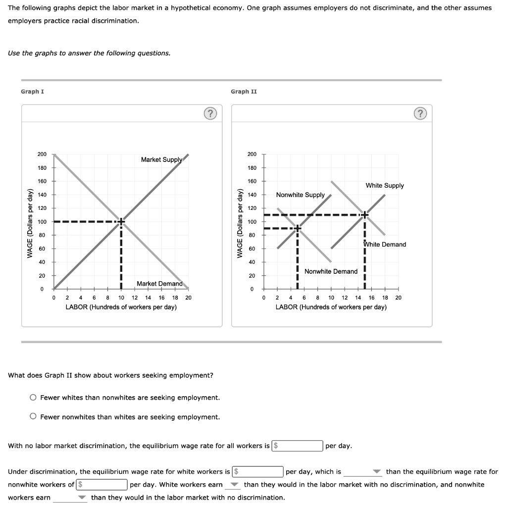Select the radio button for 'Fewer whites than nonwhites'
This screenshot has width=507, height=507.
pos(33,398)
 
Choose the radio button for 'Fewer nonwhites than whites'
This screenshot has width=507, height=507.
pos(33,417)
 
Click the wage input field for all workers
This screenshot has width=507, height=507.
pos(298,446)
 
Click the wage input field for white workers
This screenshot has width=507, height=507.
pos(258,472)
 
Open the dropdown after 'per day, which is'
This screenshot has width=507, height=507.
pos(364,472)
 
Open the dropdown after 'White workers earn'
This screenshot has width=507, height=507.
pos(233,485)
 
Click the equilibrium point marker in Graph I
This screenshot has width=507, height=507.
pos(121,222)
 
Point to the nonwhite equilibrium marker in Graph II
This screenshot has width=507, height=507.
pos(297,228)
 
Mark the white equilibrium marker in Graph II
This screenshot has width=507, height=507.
pos(364,215)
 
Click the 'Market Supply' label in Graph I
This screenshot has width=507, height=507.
pos(161,159)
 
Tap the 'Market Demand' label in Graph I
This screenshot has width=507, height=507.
pos(159,284)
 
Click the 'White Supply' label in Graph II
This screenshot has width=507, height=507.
pos(385,186)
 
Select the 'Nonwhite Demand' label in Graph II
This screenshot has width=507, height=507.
pos(331,271)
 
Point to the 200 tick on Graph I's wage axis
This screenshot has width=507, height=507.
pos(42,154)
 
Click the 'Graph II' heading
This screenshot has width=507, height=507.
pos(244,92)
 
